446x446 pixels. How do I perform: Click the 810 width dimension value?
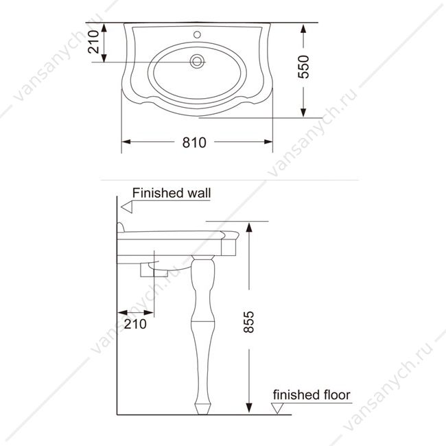click(x=194, y=143)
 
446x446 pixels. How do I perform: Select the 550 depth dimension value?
click(x=303, y=67)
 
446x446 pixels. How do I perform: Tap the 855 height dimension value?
click(x=248, y=322)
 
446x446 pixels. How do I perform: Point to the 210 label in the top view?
click(x=93, y=42)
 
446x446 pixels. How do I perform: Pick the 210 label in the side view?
click(x=135, y=324)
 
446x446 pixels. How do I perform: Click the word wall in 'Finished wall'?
click(x=199, y=193)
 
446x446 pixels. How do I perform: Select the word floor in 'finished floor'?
click(x=335, y=395)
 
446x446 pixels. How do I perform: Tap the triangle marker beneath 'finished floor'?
click(x=277, y=408)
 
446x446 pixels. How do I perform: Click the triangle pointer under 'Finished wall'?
click(x=127, y=207)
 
